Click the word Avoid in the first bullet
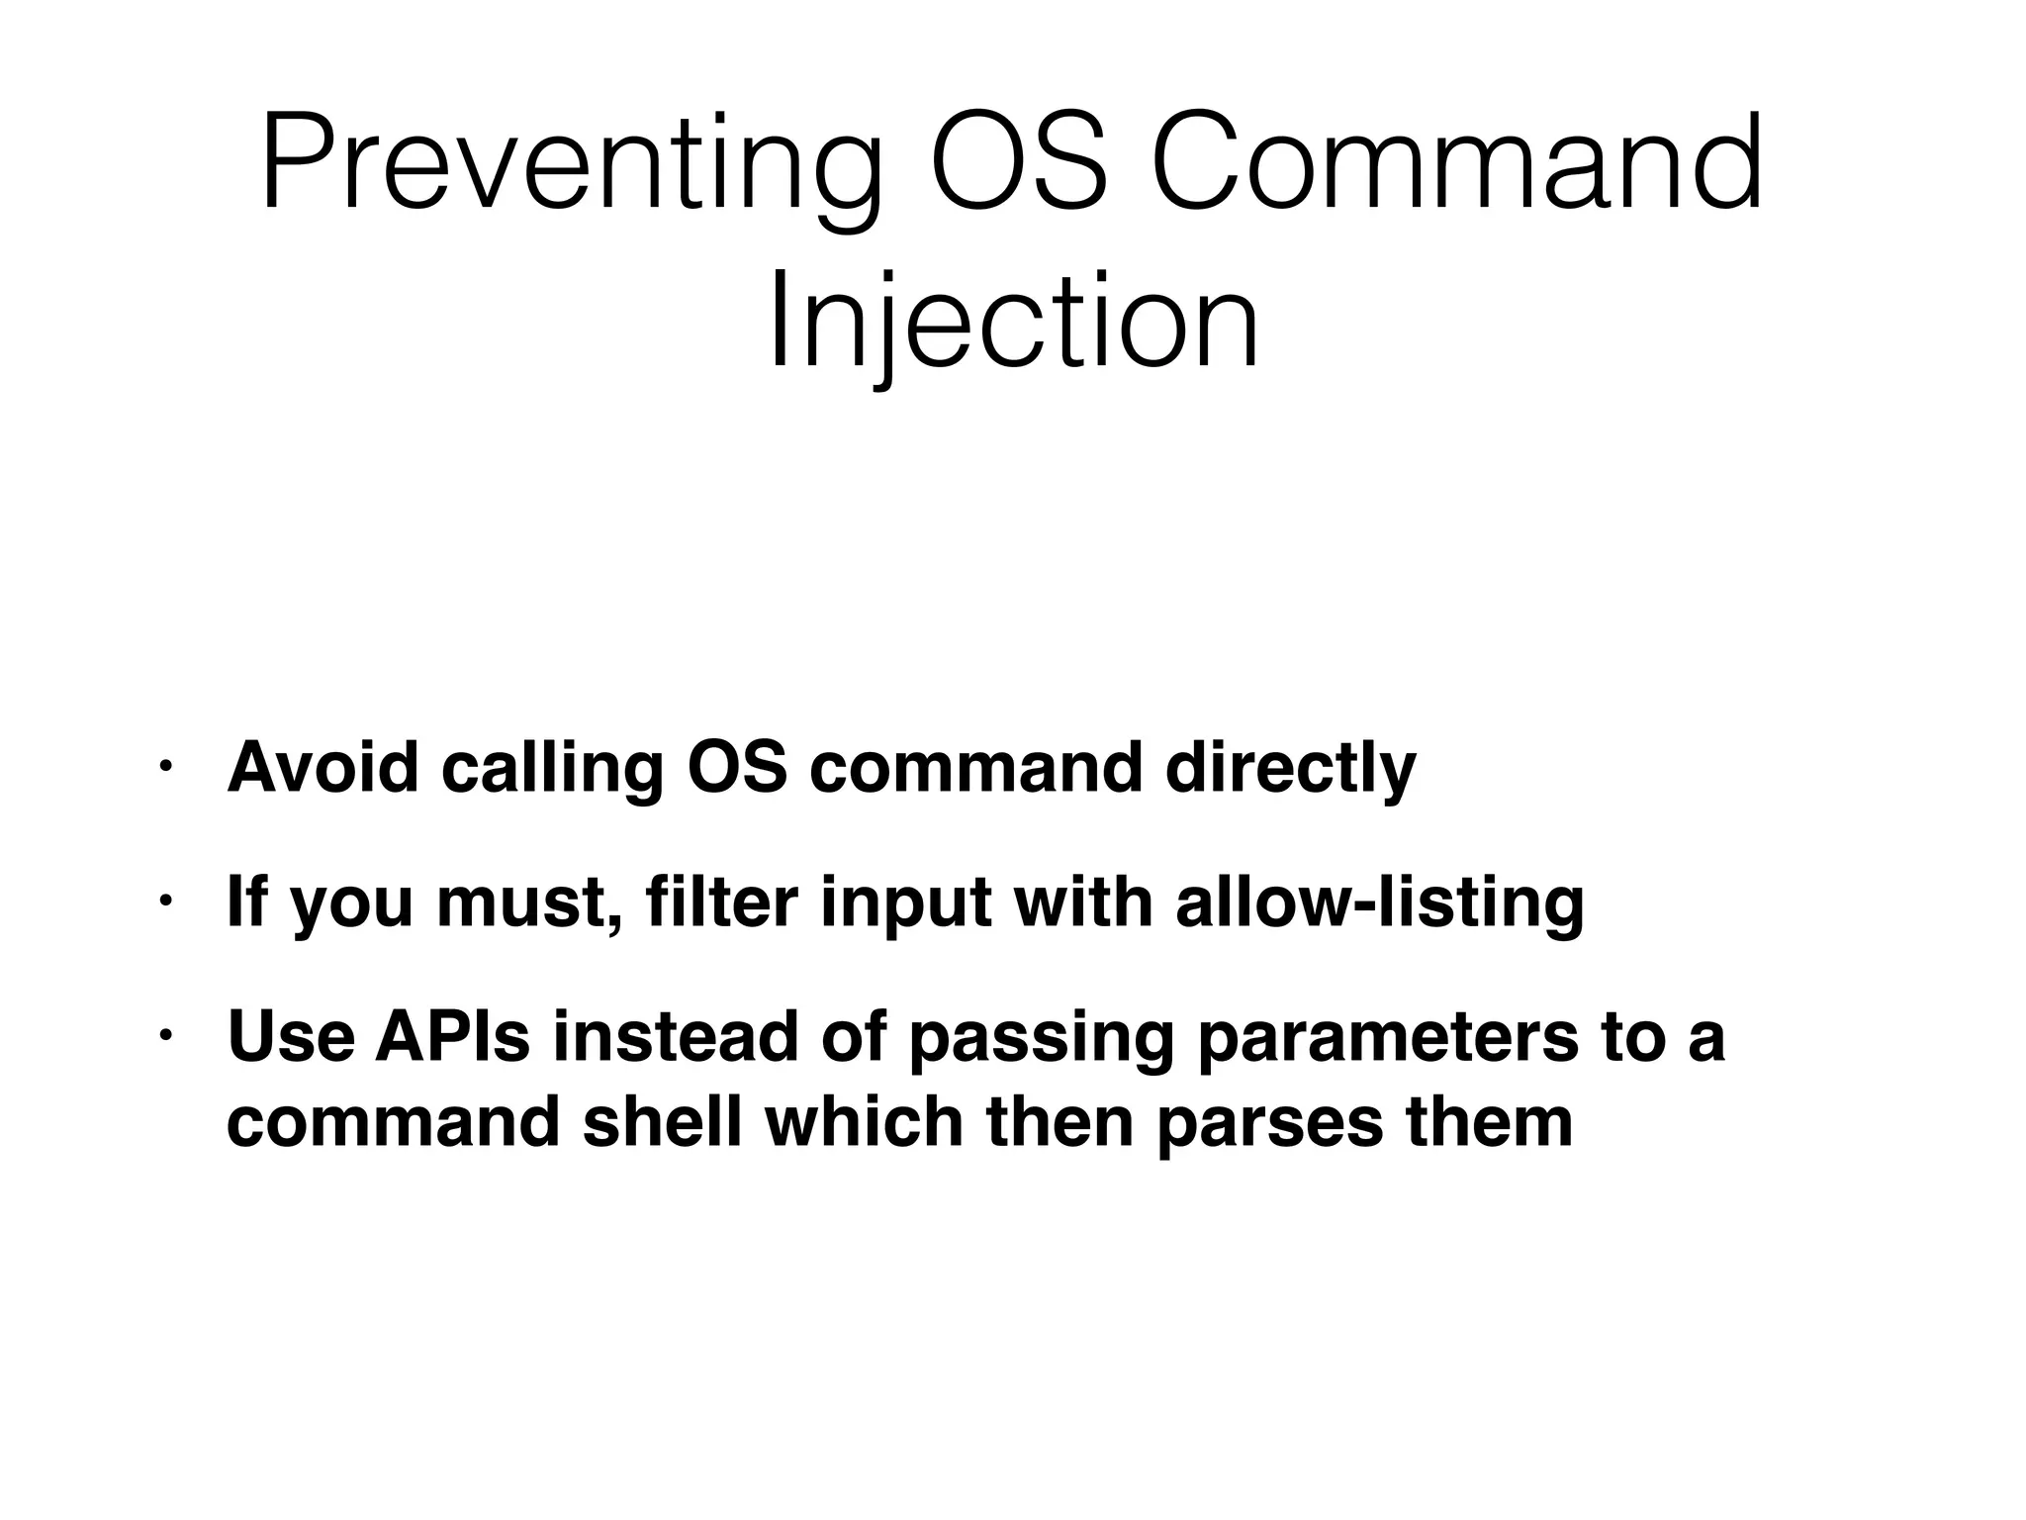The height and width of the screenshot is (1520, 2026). (322, 767)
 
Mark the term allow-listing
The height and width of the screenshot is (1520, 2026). (1380, 902)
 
